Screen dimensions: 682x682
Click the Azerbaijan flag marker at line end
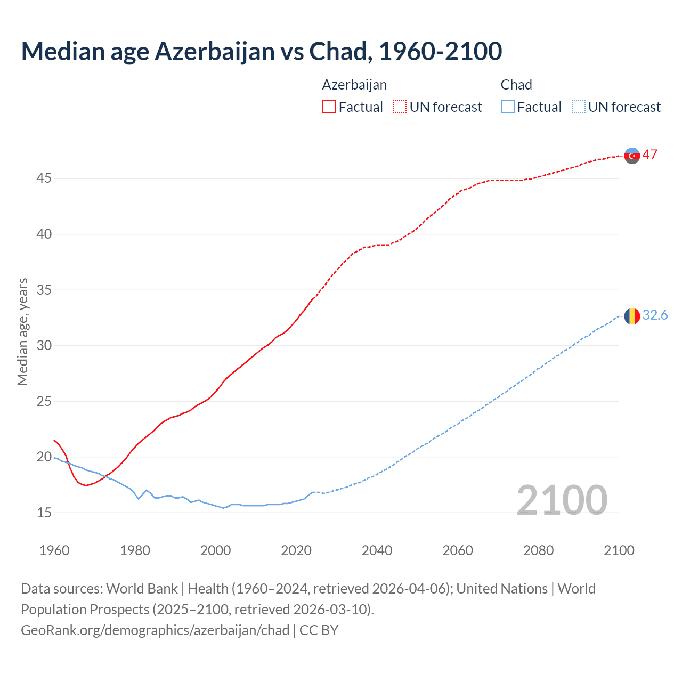[x=632, y=156]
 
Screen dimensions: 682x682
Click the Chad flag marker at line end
[x=632, y=316]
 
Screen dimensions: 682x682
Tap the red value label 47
[x=649, y=155]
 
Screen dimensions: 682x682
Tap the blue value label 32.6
[x=655, y=315]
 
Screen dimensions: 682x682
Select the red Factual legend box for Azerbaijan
[x=329, y=107]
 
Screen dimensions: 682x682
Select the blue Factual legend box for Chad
[x=507, y=107]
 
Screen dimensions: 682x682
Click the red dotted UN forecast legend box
[x=400, y=107]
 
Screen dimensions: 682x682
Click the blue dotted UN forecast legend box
[x=578, y=107]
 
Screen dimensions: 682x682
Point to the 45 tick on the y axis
[x=44, y=178]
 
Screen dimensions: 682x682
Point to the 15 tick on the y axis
[x=44, y=513]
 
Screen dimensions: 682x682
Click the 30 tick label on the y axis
[x=44, y=345]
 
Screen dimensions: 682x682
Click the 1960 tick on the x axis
[x=54, y=550]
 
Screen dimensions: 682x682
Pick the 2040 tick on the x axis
[x=377, y=550]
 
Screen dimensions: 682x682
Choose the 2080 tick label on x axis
[x=538, y=550]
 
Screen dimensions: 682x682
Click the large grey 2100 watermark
[x=562, y=500]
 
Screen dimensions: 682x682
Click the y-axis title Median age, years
[x=22, y=331]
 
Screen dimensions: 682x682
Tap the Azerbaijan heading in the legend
[x=354, y=85]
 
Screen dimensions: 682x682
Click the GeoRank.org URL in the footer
[x=155, y=630]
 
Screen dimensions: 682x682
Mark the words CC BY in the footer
[x=319, y=630]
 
